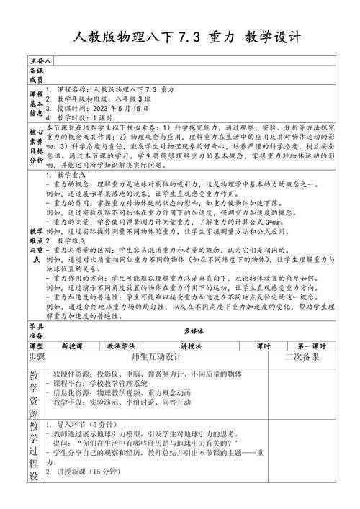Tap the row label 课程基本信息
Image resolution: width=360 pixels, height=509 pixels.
(x=35, y=102)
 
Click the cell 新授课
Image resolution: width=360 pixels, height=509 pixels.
(x=73, y=346)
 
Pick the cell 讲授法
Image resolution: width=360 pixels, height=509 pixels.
(x=191, y=346)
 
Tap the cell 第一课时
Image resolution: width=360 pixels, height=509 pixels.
(x=311, y=346)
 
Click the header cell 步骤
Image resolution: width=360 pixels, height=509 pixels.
(x=35, y=356)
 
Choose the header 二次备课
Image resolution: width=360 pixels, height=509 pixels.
(x=301, y=356)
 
